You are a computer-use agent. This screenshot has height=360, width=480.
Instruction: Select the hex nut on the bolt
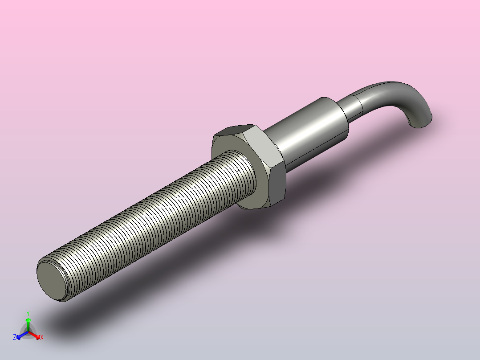point(248,167)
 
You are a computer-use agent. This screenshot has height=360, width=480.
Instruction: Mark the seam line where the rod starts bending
point(359,104)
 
